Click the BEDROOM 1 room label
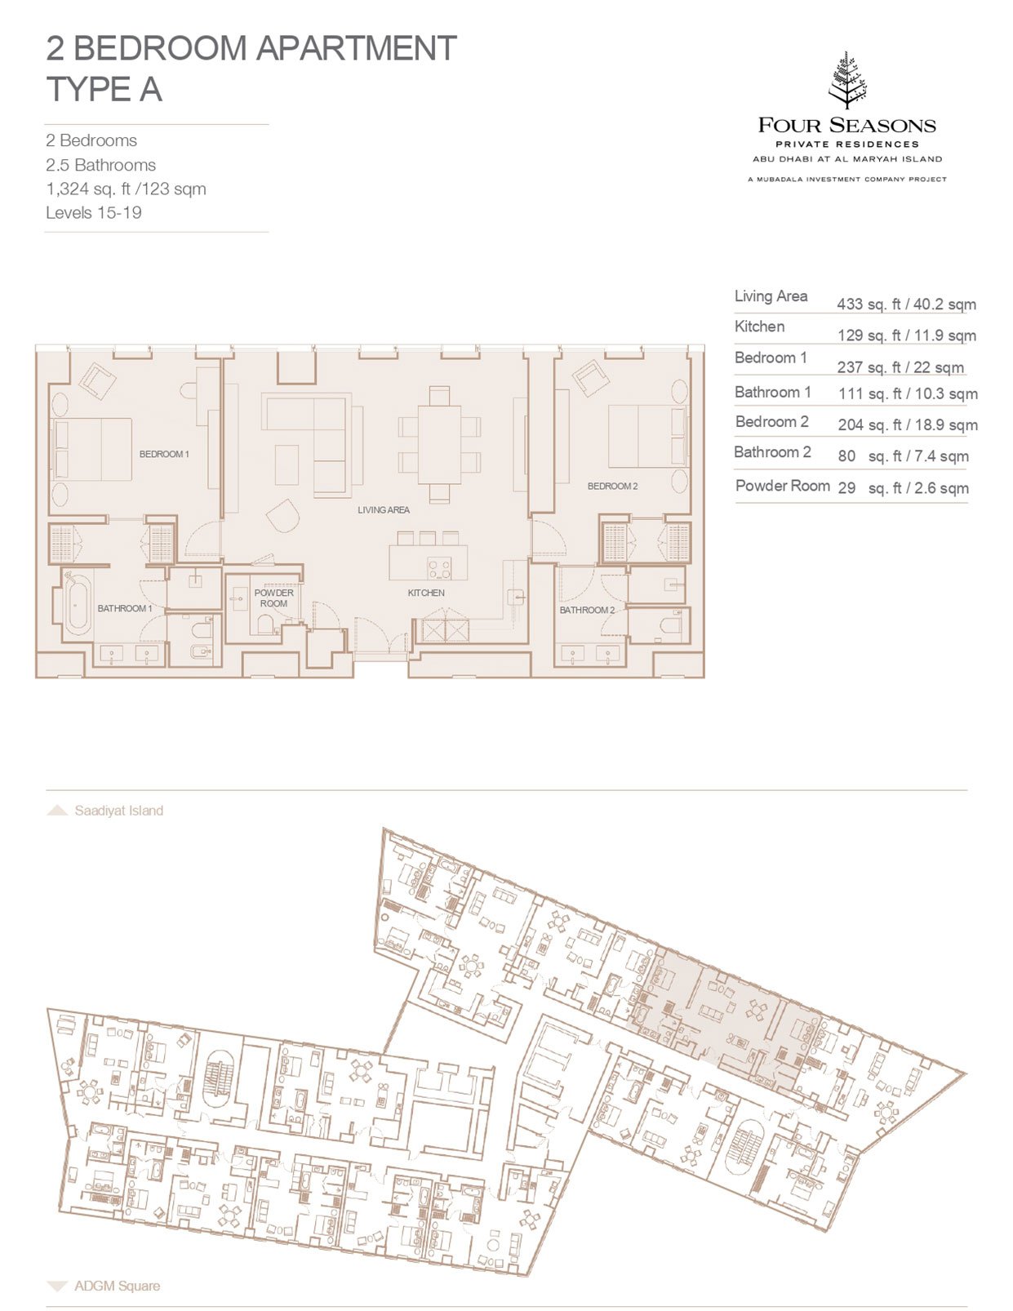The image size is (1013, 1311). (x=164, y=454)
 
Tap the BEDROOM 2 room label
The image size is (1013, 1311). (x=612, y=486)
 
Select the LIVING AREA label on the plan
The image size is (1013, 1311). (x=384, y=510)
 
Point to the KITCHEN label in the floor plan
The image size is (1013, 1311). (x=426, y=593)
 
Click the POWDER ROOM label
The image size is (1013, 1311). (x=274, y=598)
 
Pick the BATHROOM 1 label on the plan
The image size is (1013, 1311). (x=125, y=608)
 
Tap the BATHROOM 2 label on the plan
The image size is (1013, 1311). (x=587, y=610)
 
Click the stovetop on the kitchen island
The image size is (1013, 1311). (x=440, y=567)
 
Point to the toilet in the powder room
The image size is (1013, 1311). (x=266, y=624)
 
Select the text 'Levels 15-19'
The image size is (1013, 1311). (x=94, y=212)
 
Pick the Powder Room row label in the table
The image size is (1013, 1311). (x=783, y=486)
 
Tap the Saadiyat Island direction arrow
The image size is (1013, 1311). (x=57, y=811)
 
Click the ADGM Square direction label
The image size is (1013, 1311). (x=117, y=1286)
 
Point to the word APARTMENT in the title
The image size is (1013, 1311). (x=357, y=48)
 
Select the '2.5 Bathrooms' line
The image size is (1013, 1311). (x=100, y=165)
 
